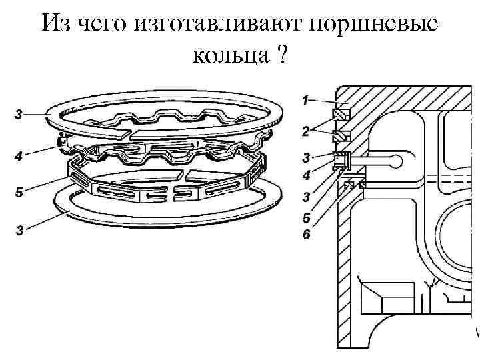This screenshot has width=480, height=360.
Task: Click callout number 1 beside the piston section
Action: point(305,101)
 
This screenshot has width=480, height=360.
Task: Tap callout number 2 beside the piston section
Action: point(305,132)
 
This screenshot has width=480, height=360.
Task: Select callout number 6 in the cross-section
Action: point(305,235)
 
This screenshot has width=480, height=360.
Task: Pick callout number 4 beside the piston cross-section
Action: point(305,177)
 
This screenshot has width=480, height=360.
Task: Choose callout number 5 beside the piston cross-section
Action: point(305,217)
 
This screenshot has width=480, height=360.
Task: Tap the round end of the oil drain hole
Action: point(397,160)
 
